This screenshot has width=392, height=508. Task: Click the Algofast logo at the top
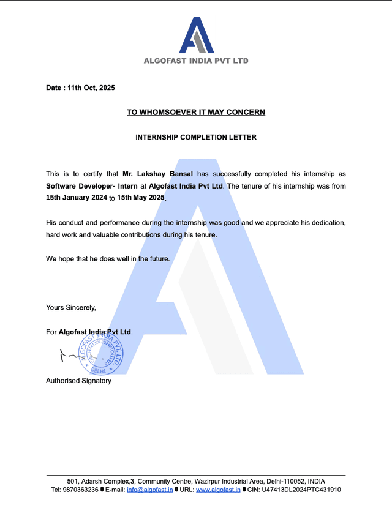tap(197, 35)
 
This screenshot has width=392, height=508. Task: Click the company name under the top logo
tap(196, 61)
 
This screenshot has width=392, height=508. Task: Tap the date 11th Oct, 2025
tap(91, 88)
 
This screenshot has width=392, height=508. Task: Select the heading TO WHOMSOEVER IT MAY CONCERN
tap(196, 112)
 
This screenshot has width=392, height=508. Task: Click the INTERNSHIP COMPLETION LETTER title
tap(196, 137)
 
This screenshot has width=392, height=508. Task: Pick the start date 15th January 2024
tap(76, 198)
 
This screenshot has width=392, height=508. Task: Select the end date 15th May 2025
tap(141, 198)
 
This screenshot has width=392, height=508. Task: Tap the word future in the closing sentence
tap(157, 259)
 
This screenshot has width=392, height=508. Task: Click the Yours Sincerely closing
tap(71, 307)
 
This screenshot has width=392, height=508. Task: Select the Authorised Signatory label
tap(78, 381)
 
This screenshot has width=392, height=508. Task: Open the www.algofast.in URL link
tap(218, 490)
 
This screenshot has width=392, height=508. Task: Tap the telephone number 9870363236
tap(80, 490)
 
